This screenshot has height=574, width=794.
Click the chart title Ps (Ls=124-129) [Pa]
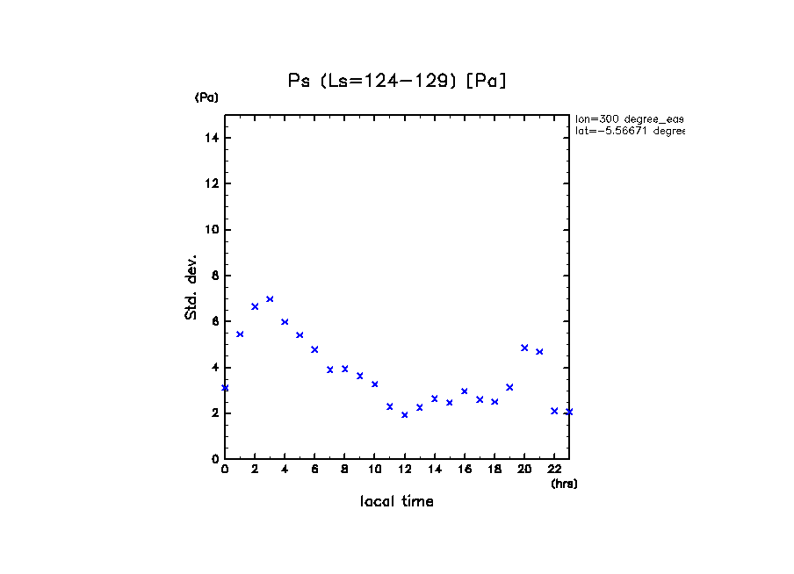[398, 81]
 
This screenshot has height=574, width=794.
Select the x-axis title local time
[396, 501]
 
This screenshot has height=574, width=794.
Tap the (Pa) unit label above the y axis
[206, 97]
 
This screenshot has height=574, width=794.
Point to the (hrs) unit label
[564, 484]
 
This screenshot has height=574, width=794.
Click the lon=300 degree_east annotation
[629, 118]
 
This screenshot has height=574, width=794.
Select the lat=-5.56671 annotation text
[629, 131]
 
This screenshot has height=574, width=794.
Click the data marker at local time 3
[270, 299]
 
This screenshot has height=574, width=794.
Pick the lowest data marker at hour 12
[404, 414]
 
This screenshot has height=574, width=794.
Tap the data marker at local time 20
[524, 348]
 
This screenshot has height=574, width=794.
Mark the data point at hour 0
[225, 388]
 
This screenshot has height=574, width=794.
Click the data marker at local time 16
[465, 391]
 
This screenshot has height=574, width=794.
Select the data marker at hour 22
[554, 411]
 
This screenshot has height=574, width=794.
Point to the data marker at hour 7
[329, 370]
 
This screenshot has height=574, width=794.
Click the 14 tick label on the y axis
[213, 138]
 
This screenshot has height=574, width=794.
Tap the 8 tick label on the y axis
[215, 276]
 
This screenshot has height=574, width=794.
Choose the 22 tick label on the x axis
[554, 470]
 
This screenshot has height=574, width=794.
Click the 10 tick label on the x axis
[374, 470]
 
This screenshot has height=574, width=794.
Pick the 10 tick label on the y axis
[213, 230]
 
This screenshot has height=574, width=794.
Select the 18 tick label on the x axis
[494, 470]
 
